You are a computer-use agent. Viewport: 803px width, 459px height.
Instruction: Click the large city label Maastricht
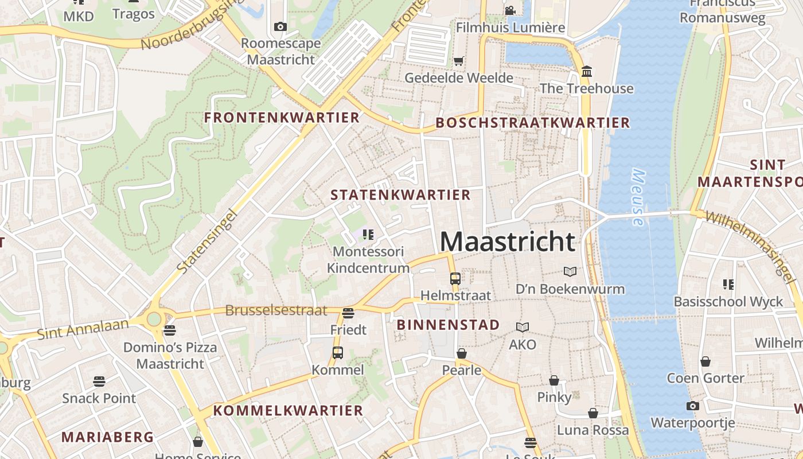point(507,242)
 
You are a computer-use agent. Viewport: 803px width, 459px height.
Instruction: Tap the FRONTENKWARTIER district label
point(282,118)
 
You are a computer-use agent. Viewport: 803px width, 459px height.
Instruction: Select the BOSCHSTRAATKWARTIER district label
point(532,123)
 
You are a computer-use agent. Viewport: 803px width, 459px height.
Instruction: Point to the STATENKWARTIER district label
point(400,195)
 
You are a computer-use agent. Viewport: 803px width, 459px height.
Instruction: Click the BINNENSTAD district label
point(448,325)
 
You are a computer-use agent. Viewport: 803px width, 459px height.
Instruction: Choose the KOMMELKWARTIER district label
point(288,411)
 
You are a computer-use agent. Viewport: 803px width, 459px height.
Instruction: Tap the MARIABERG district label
point(108,437)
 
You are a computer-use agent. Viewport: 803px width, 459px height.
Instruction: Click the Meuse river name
point(638,197)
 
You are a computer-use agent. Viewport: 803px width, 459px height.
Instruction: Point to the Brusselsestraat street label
point(276,310)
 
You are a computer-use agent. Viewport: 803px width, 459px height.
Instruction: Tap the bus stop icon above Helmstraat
point(455,279)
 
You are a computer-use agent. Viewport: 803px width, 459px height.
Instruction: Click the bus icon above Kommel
point(338,352)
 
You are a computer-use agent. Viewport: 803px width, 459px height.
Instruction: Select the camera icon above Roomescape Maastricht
point(280,26)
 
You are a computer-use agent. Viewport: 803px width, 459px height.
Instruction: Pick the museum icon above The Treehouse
point(587,72)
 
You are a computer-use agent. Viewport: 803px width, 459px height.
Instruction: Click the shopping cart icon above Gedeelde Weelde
point(458,61)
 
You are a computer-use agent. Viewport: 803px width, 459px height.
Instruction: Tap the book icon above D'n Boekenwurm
point(570,271)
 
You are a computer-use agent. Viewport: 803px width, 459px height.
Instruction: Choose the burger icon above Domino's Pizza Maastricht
point(169,330)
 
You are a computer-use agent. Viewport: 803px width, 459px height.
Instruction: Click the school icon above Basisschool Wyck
point(728,284)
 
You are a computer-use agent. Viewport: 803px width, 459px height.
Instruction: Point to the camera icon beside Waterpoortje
point(692,406)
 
